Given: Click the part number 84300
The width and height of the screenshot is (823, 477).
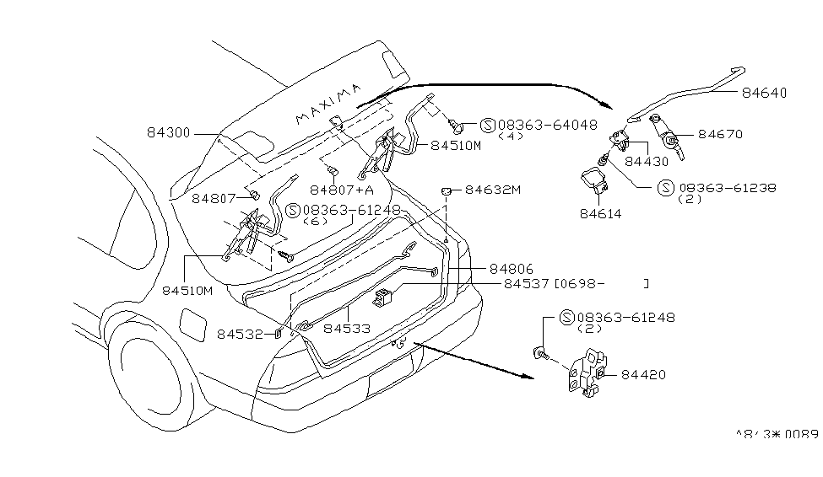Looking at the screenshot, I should [169, 133].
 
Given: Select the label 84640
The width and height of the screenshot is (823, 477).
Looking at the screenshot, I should [765, 94].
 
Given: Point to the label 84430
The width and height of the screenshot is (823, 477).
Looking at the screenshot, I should [647, 159].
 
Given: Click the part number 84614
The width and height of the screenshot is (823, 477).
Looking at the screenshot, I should [600, 214].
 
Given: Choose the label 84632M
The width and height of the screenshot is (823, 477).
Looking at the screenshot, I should [493, 190].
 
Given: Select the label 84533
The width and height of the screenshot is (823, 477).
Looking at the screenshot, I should [347, 327].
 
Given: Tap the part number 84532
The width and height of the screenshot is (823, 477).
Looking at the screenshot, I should [243, 334].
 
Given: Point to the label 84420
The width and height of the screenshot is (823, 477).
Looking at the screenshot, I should [644, 373].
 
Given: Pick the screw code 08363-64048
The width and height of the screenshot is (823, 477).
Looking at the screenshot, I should [547, 124].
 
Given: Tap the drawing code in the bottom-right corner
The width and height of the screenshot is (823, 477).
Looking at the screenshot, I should [777, 435].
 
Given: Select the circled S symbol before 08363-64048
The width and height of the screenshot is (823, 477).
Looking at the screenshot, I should [487, 125].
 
